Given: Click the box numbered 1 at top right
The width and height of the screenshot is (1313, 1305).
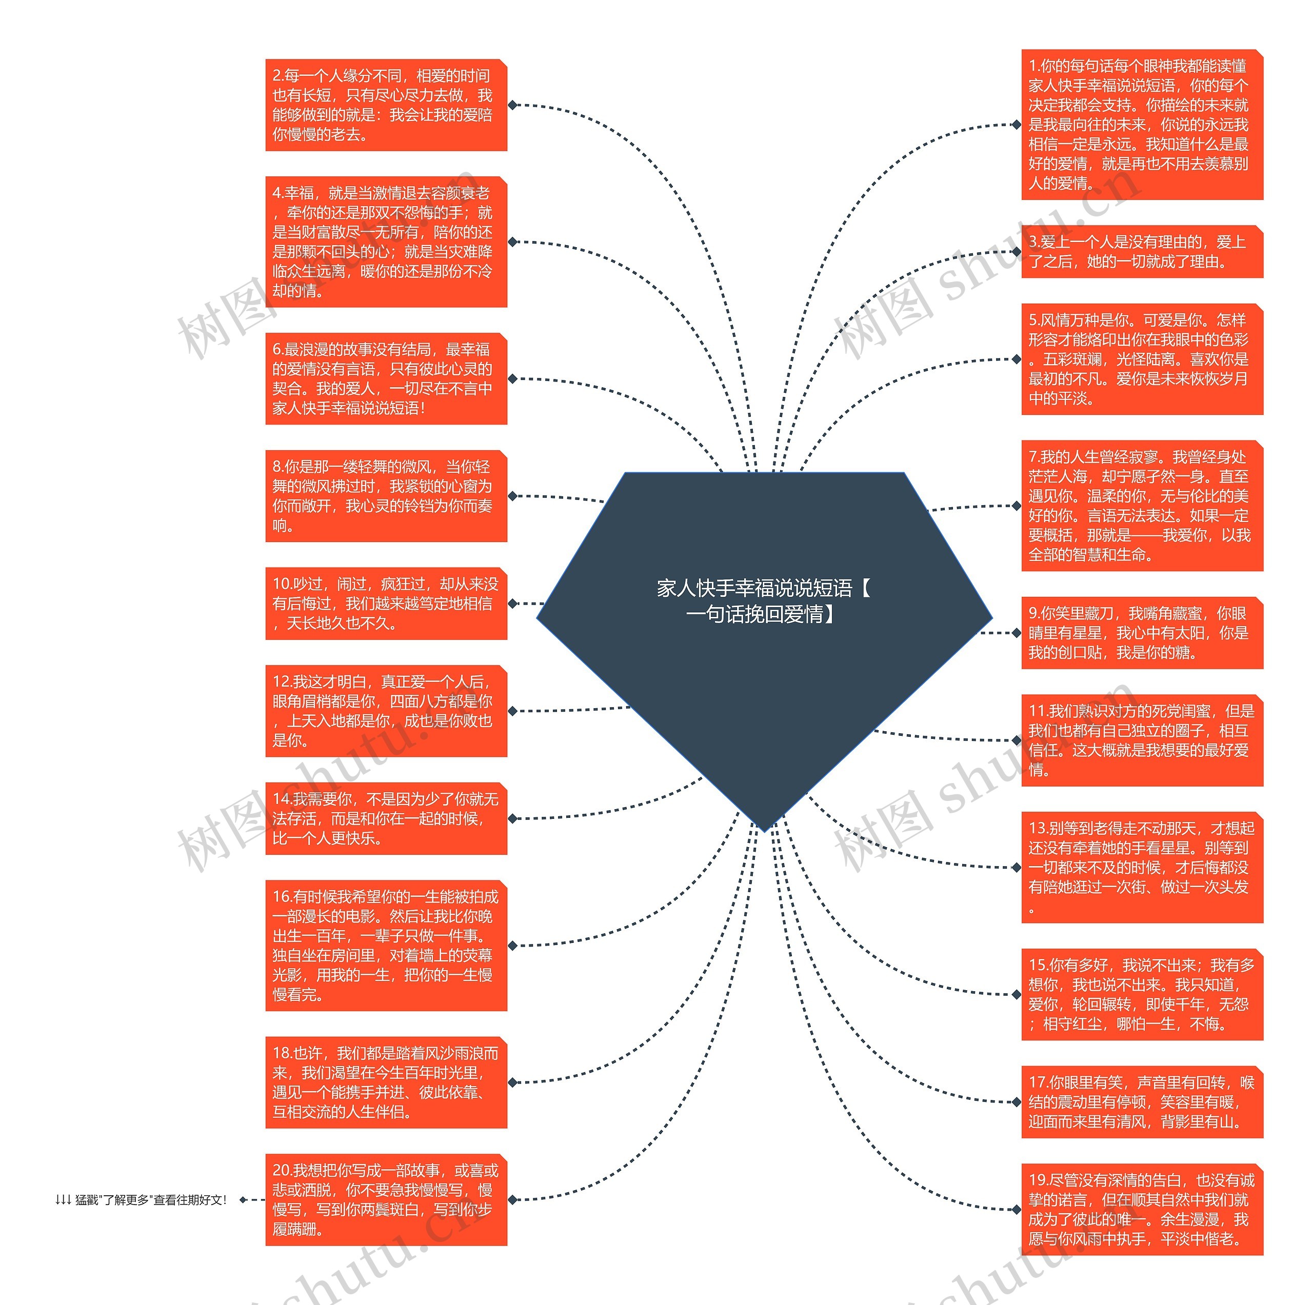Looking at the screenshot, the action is click(x=1142, y=125).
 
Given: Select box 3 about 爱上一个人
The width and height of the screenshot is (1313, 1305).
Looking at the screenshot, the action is click(x=1142, y=251).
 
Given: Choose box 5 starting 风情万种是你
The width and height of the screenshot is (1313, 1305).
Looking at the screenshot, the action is click(x=1142, y=359).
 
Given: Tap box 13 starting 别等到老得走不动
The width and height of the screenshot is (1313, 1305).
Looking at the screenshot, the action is click(x=1142, y=868).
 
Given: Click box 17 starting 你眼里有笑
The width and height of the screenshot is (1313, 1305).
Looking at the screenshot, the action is click(x=1142, y=1102).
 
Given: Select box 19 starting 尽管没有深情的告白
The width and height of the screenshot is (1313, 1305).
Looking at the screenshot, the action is click(x=1142, y=1209).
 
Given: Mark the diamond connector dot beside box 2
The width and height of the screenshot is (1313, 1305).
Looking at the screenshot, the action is click(x=512, y=105).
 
